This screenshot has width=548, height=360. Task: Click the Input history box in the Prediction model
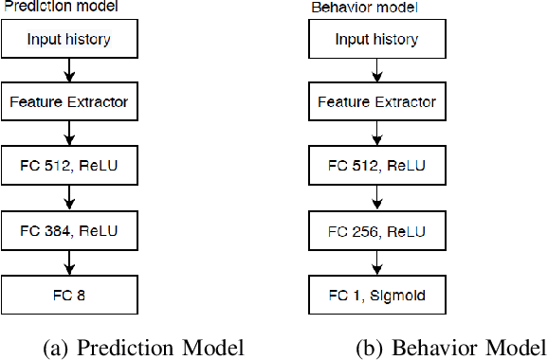pos(69,40)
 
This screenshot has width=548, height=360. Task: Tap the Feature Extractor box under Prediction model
pos(69,101)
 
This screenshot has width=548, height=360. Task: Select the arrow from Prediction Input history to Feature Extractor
pos(69,70)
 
